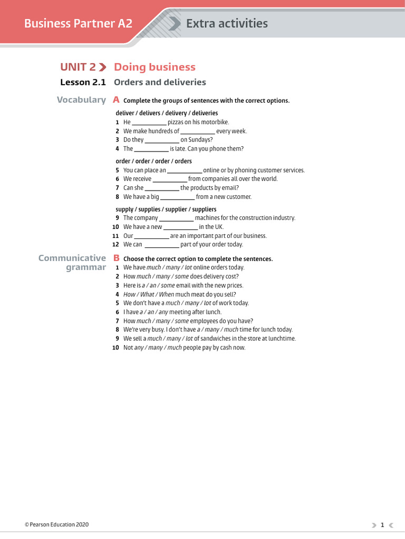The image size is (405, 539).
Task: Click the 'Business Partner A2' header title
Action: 78,23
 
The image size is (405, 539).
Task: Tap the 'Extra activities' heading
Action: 227,23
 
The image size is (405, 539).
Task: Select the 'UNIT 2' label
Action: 78,67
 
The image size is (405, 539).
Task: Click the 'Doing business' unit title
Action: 155,67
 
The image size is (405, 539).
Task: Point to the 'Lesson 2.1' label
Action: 83,82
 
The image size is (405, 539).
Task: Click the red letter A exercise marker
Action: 116,99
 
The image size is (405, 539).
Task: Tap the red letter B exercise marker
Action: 116,258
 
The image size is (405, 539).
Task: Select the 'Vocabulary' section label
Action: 81,99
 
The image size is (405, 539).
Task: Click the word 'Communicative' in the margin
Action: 72,258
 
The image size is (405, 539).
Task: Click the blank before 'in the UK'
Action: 180,228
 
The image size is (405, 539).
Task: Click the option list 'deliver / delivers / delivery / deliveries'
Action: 167,113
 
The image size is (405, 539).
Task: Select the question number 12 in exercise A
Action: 115,245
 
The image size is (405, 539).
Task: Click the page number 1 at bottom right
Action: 382,525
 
